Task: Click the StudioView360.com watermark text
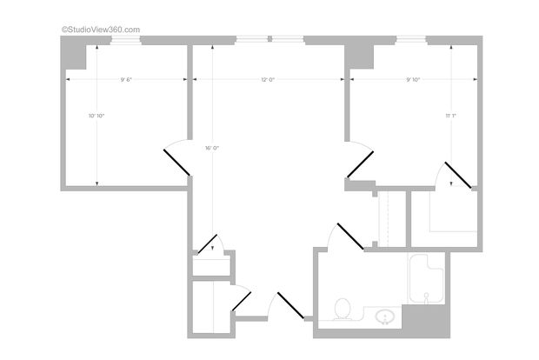tap(100, 29)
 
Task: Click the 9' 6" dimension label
tap(127, 79)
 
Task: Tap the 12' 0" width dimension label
tap(268, 79)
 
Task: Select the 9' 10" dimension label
tap(412, 79)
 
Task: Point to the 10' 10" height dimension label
tap(96, 116)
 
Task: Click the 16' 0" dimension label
tap(212, 148)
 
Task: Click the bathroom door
tap(349, 237)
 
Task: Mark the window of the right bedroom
tap(411, 39)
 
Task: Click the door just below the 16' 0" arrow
tap(210, 243)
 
